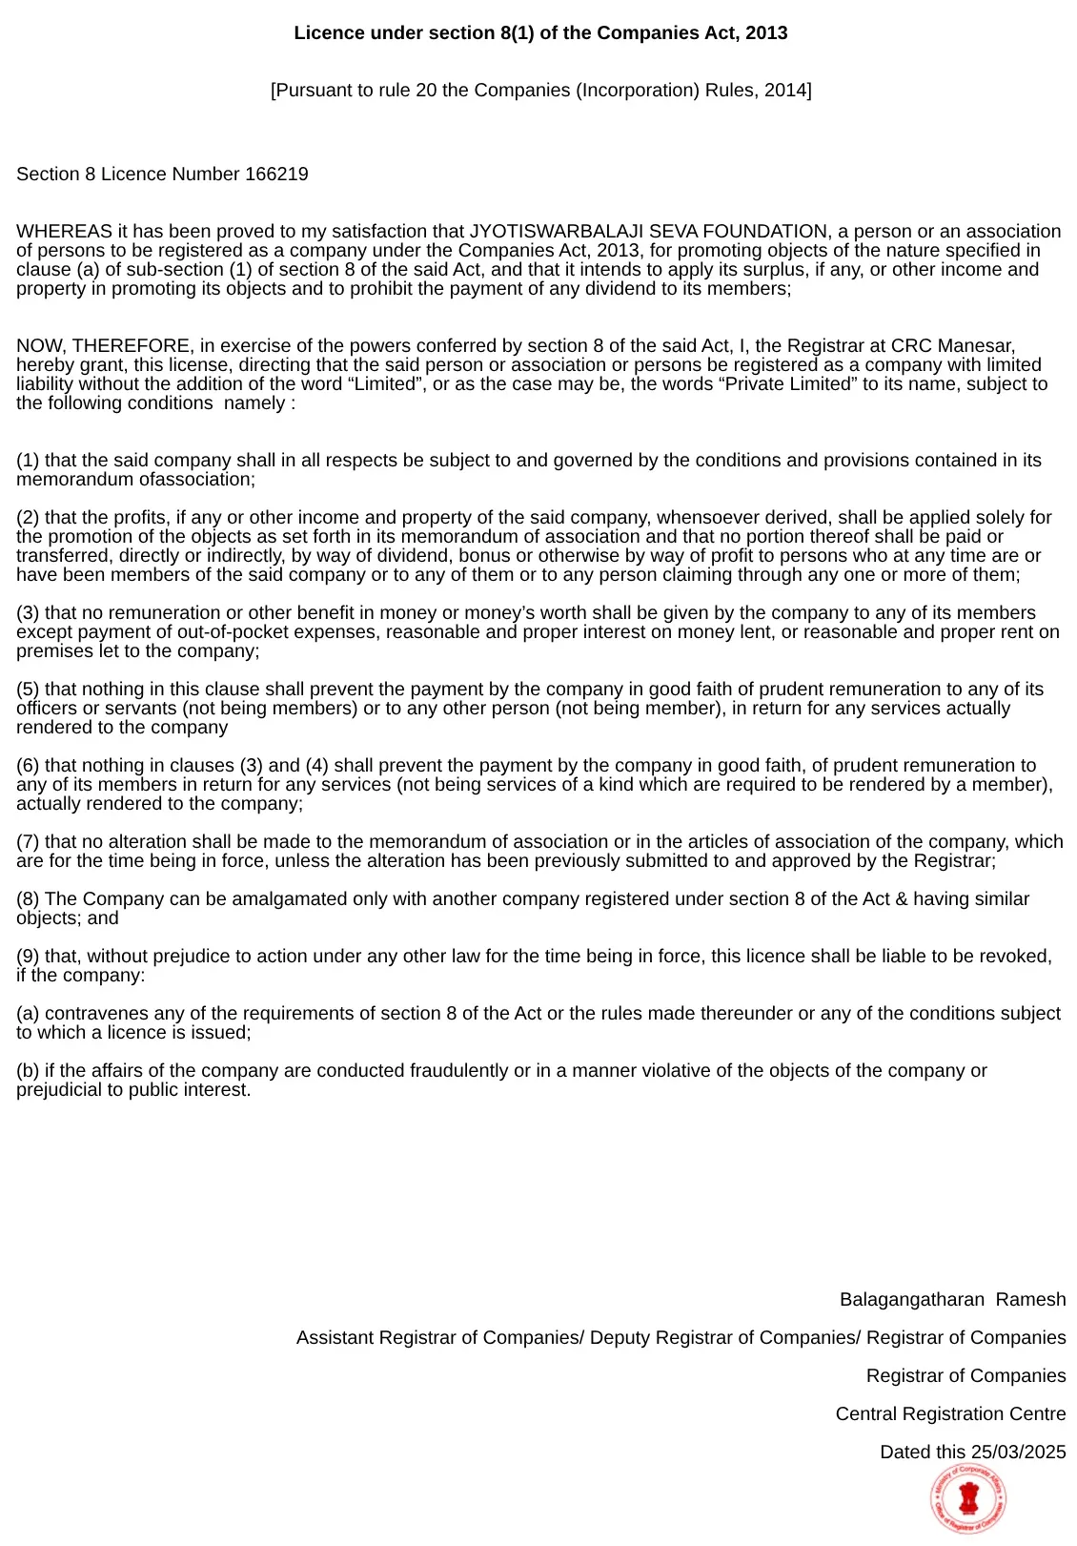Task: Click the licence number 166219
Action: (276, 175)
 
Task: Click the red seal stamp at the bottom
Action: (968, 1500)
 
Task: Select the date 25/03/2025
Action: (1018, 1453)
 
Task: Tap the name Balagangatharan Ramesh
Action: (952, 1300)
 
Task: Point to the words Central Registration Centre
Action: (950, 1414)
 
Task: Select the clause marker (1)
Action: (28, 461)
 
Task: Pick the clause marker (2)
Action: (28, 518)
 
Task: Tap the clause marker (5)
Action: (28, 690)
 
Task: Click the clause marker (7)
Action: (28, 842)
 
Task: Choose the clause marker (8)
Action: (28, 899)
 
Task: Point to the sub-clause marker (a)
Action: (28, 1014)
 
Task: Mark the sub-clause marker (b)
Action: (28, 1071)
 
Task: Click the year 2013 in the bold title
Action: (765, 33)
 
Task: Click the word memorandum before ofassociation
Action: (74, 480)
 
